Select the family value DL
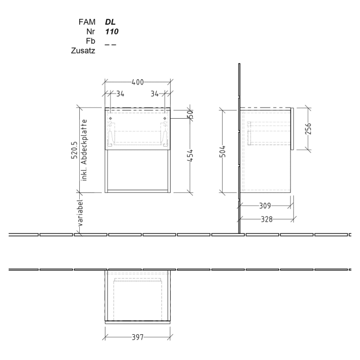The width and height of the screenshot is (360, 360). pyautogui.click(x=110, y=23)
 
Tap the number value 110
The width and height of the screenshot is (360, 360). pyautogui.click(x=112, y=32)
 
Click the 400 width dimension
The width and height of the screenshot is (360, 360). pyautogui.click(x=137, y=82)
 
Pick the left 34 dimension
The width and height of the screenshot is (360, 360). pyautogui.click(x=120, y=94)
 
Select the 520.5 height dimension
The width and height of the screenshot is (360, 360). pyautogui.click(x=75, y=150)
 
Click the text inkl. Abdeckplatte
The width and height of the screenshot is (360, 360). pyautogui.click(x=84, y=149)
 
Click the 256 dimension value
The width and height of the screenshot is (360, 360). pyautogui.click(x=308, y=129)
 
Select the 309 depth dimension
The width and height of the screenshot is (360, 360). pyautogui.click(x=265, y=206)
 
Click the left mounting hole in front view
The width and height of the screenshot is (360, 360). pyautogui.click(x=111, y=119)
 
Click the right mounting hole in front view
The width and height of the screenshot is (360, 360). pyautogui.click(x=165, y=119)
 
